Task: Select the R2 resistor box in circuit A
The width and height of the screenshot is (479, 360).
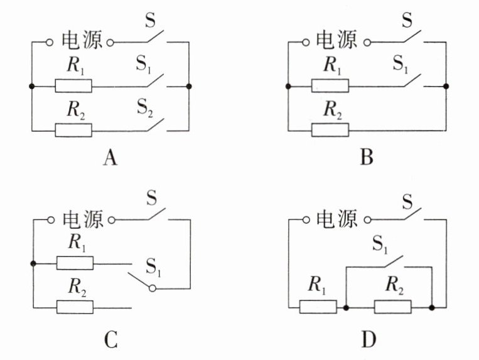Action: click(73, 130)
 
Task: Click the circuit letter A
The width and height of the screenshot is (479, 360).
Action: click(110, 157)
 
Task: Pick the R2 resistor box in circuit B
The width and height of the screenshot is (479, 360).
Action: click(330, 130)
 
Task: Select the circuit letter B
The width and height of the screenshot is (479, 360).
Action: click(367, 157)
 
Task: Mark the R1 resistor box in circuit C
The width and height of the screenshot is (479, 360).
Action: click(75, 263)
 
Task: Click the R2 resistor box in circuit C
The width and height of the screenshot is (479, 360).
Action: click(75, 307)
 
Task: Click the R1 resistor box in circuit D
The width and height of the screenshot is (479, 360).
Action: click(318, 307)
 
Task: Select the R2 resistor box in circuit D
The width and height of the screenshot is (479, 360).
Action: click(392, 307)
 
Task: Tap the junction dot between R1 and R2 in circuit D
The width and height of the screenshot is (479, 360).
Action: click(347, 307)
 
